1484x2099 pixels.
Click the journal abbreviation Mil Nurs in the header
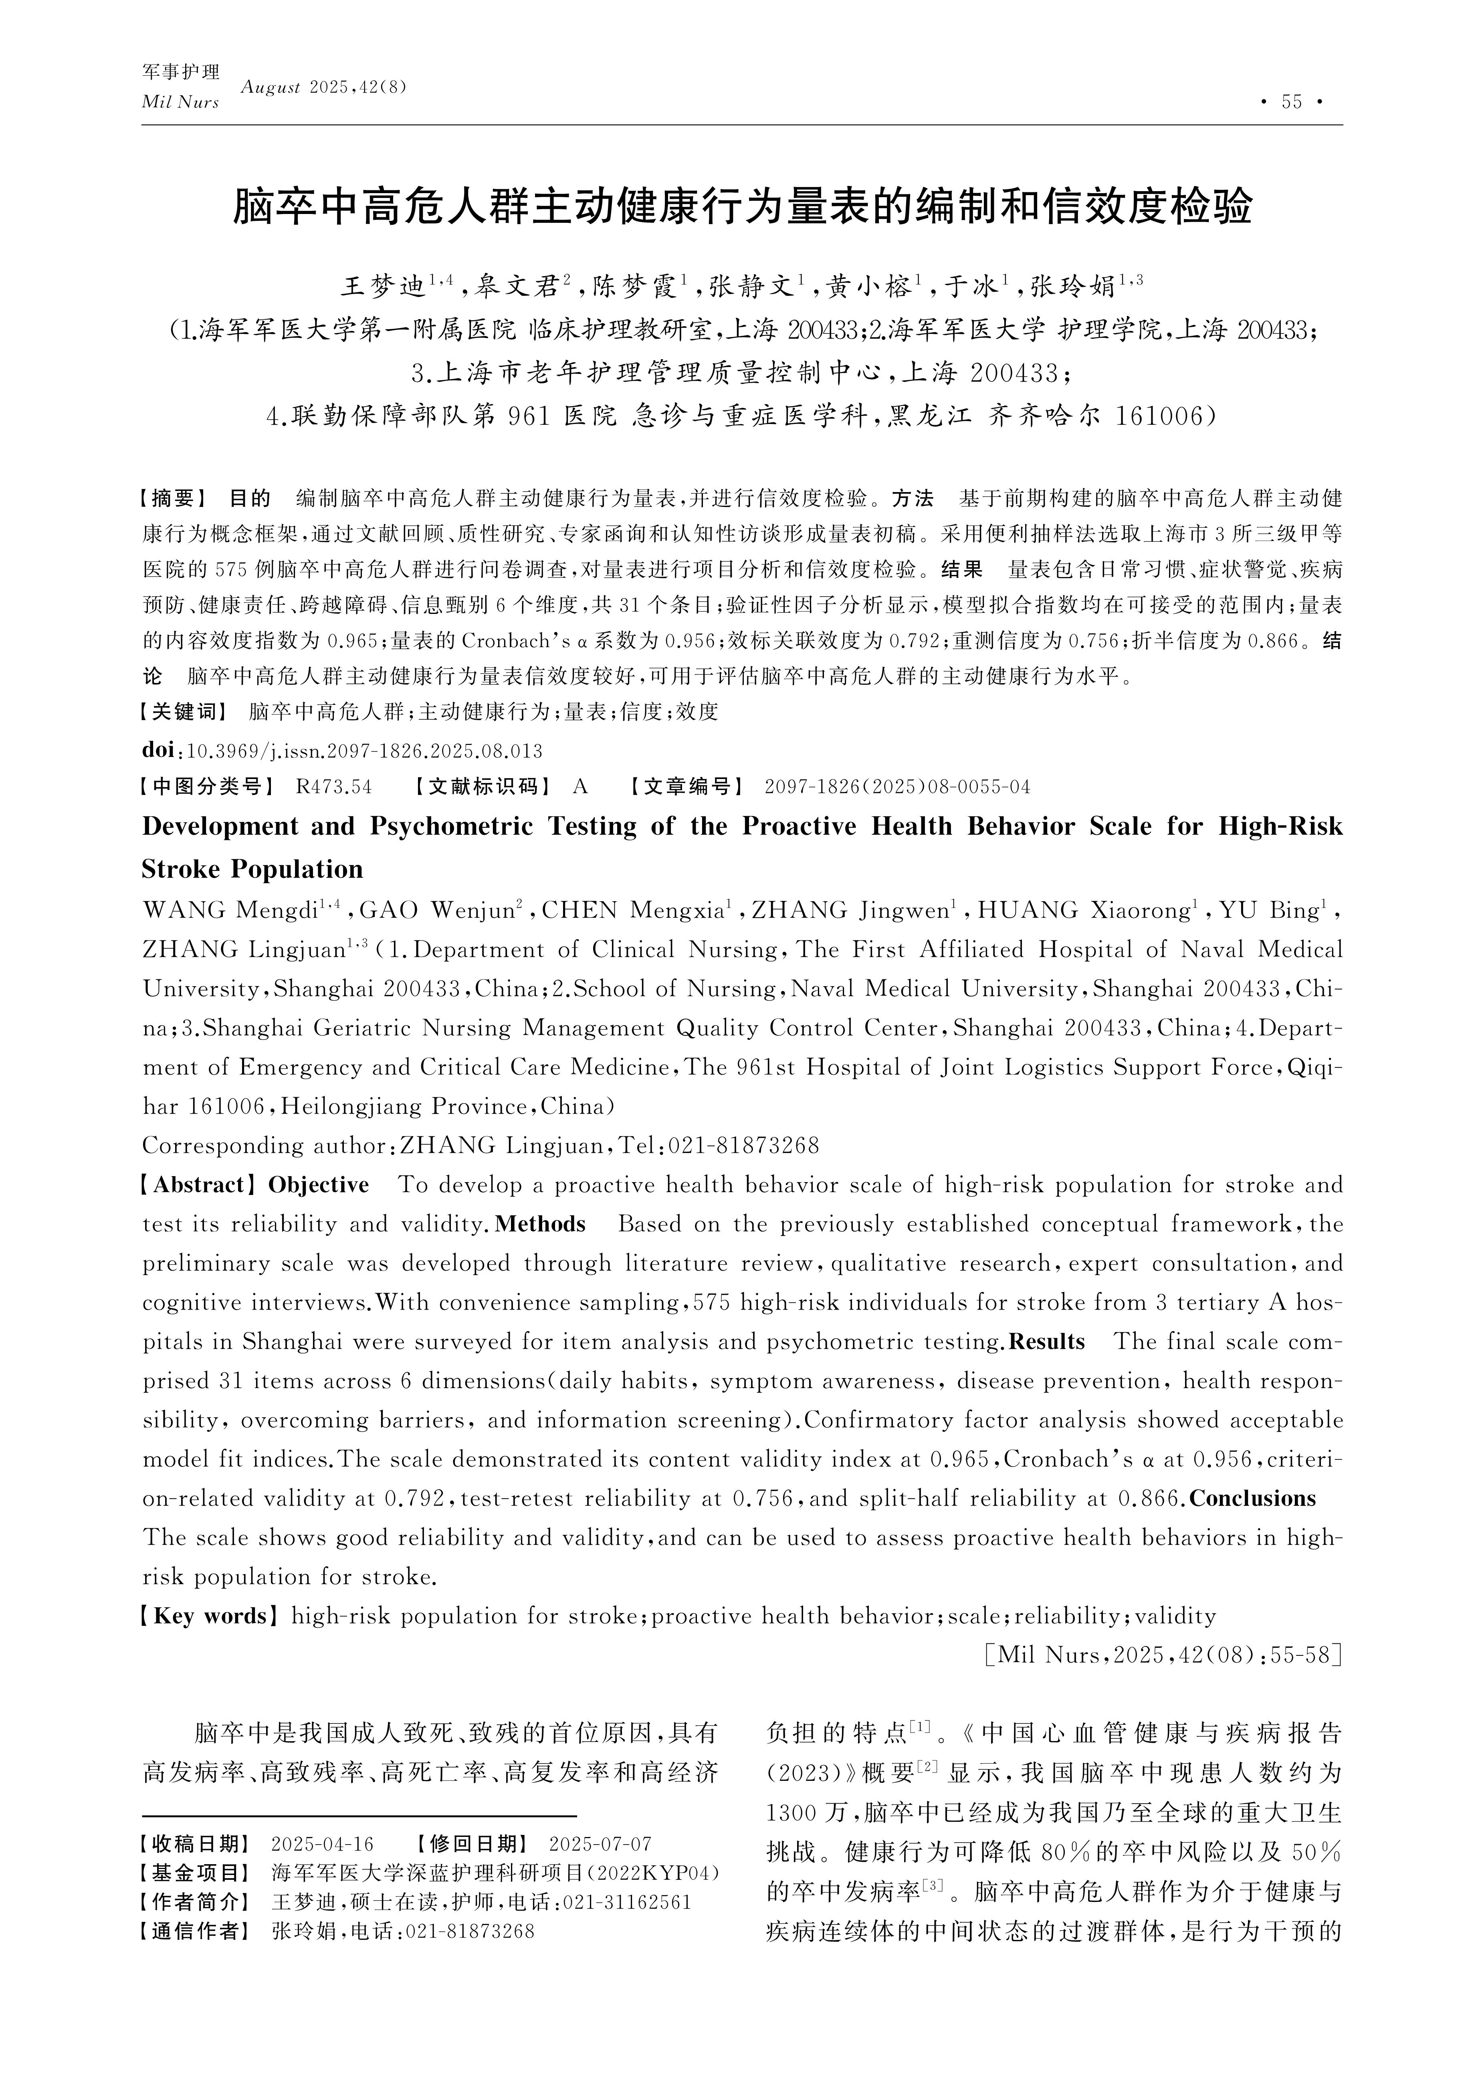click(180, 103)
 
